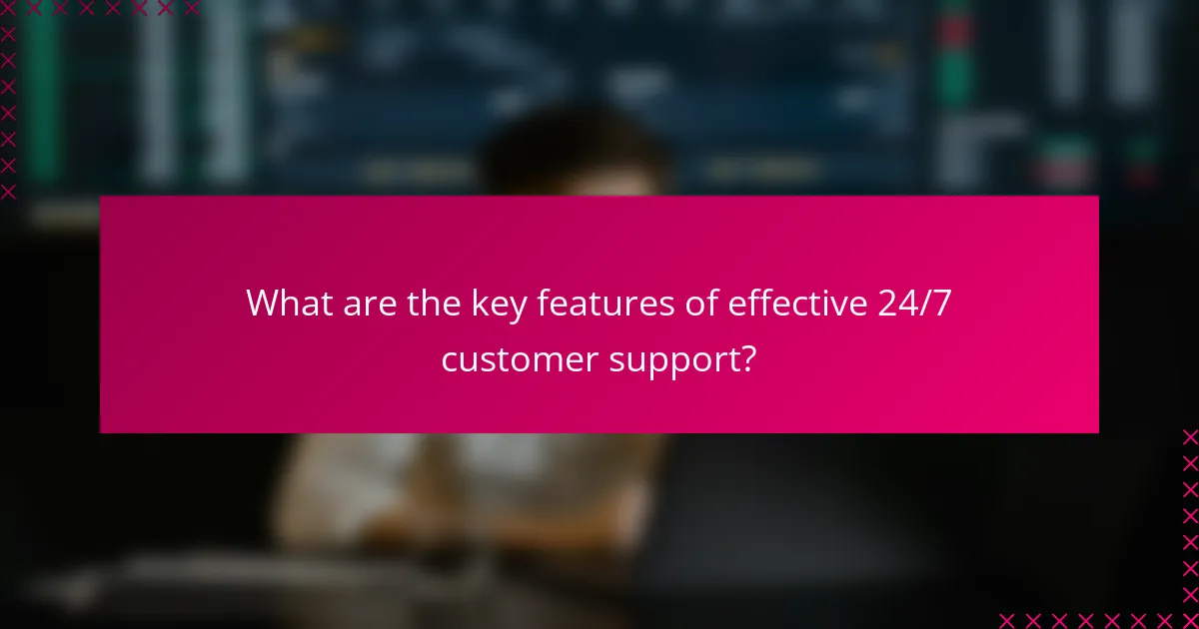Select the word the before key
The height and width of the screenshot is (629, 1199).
click(x=433, y=304)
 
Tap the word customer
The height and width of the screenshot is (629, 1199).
click(x=520, y=359)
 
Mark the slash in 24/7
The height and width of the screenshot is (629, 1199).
click(x=925, y=304)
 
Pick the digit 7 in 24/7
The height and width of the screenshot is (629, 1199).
click(x=941, y=304)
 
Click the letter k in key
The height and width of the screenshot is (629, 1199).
click(x=479, y=304)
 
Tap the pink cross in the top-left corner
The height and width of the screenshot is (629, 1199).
click(x=8, y=8)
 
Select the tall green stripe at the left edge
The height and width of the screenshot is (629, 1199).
click(x=42, y=100)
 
